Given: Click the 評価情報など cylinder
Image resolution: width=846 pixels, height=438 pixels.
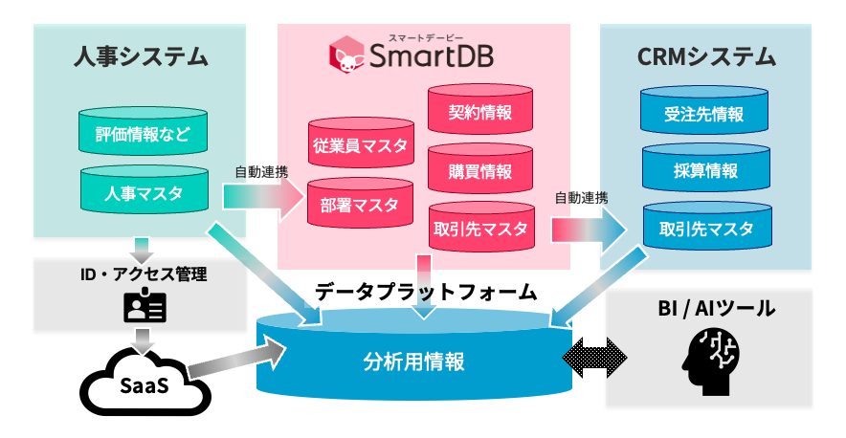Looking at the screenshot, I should (x=144, y=136).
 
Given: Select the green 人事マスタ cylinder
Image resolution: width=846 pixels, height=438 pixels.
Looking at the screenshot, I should (x=144, y=193).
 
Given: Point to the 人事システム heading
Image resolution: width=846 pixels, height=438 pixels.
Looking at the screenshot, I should (x=141, y=56).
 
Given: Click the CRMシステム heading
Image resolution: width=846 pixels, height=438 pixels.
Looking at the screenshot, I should (x=706, y=56).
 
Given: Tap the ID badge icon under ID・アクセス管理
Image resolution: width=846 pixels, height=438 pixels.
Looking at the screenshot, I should (x=145, y=307).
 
